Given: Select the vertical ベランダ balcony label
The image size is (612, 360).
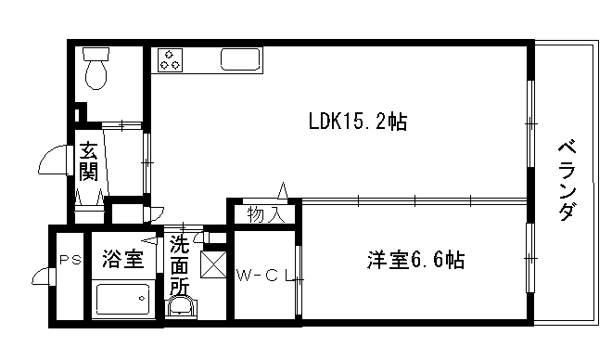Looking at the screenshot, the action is pyautogui.click(x=567, y=180).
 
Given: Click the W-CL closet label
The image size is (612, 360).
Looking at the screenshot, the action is pyautogui.click(x=264, y=276).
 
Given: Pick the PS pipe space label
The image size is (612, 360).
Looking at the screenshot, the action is pyautogui.click(x=68, y=261).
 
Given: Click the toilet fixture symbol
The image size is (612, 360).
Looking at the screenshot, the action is pyautogui.click(x=96, y=69).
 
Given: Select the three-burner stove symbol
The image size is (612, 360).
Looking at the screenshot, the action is pyautogui.click(x=171, y=60).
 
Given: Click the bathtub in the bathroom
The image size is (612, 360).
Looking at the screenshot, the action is pyautogui.click(x=123, y=301).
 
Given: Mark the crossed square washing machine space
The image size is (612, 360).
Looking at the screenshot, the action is pyautogui.click(x=213, y=265).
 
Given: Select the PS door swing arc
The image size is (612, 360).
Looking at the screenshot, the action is pyautogui.click(x=41, y=276).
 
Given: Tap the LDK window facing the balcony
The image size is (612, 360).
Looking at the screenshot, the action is pyautogui.click(x=530, y=122).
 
